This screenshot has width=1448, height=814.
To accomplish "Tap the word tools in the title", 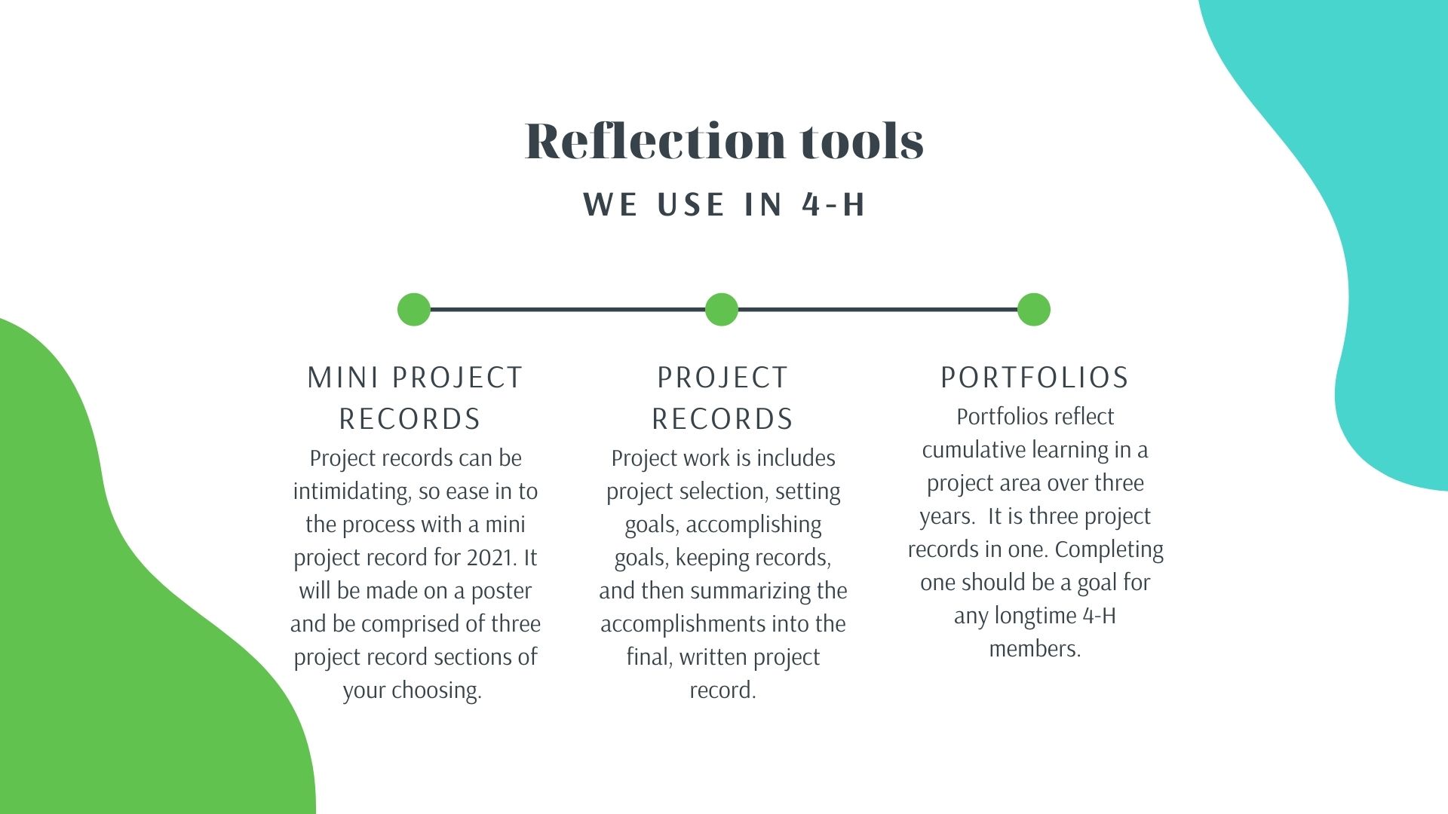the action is click(x=862, y=142).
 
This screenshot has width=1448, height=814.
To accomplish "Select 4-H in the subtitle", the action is click(x=834, y=204).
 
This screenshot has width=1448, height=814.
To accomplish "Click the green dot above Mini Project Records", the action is click(x=414, y=310).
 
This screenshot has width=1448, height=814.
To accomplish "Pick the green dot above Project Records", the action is click(x=722, y=310).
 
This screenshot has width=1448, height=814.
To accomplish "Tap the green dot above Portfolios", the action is click(x=1034, y=310).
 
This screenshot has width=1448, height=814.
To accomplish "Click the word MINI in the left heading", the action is click(x=342, y=378).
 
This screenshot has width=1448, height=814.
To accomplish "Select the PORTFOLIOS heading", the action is click(x=1035, y=378).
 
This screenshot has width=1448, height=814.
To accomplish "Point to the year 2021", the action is click(x=491, y=558).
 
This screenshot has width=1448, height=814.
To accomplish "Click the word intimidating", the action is click(x=351, y=491).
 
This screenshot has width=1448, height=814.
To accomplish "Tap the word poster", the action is click(x=502, y=592).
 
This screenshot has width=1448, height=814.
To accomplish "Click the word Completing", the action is click(x=1109, y=550).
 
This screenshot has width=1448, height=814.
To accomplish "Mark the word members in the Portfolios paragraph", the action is click(x=1035, y=649).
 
